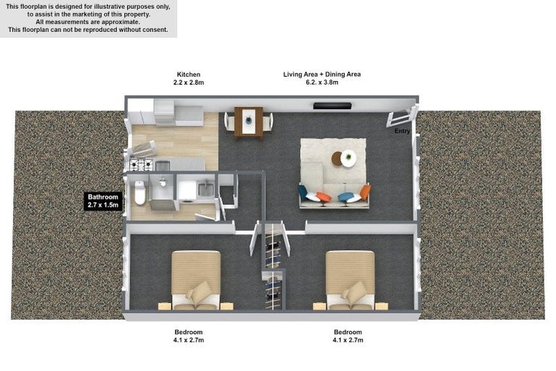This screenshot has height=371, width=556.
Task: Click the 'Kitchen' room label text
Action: [x=188, y=74]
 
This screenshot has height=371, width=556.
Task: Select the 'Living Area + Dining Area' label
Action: [x=321, y=74]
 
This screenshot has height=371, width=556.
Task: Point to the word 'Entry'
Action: [x=402, y=131]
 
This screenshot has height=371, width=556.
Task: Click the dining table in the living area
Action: [x=249, y=121]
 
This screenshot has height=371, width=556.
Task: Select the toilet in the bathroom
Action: [x=140, y=193]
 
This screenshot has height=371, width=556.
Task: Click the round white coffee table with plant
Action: [x=348, y=158]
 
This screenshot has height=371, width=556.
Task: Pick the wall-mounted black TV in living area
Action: [x=332, y=106]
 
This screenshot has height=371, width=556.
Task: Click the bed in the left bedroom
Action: [x=195, y=279]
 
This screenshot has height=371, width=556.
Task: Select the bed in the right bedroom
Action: [x=350, y=279]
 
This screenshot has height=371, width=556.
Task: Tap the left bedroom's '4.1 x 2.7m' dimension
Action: [x=188, y=340]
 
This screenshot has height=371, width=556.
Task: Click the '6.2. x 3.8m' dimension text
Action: [x=321, y=83]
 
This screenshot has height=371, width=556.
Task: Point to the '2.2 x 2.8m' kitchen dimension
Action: [x=188, y=83]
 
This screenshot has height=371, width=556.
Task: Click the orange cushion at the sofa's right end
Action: [x=365, y=192]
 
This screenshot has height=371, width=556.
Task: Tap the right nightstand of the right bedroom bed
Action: [x=381, y=306]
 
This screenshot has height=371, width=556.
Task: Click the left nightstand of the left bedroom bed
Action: [x=164, y=306]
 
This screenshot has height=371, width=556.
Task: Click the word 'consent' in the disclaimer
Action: [x=155, y=30]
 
